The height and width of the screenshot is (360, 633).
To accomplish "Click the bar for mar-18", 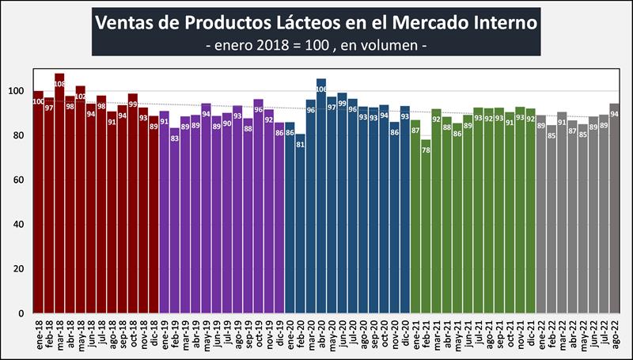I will pos(59,198).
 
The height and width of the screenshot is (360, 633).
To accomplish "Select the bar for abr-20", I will pos(321,198).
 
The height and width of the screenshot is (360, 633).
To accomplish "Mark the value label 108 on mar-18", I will pos(59,84).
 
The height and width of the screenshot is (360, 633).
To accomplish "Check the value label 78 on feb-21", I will pos(426,149).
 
